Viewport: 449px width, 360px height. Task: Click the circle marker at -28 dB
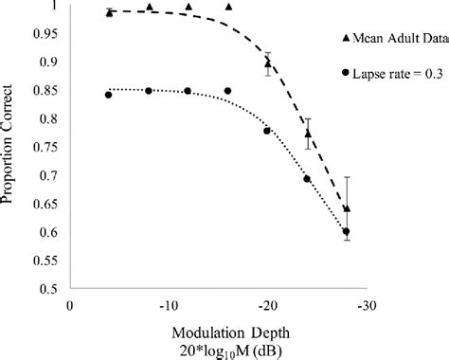pos(346,231)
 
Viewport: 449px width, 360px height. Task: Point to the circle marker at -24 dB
pos(307,179)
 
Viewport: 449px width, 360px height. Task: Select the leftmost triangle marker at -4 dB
pos(109,12)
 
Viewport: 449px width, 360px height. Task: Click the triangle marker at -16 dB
pos(227,8)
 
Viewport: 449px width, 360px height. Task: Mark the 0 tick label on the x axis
pos(69,306)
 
